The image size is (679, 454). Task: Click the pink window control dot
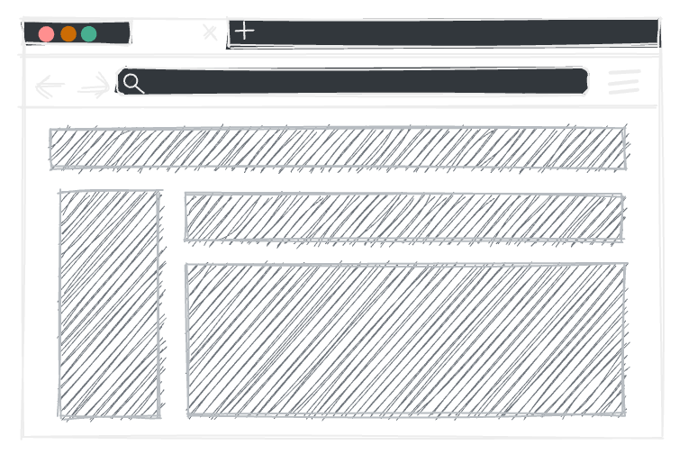47,34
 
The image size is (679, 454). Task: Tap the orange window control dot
68,34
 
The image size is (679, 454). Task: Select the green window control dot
89,34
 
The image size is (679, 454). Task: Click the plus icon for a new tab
244,31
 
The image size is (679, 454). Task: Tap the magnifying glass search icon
133,84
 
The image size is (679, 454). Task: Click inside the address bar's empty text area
360,83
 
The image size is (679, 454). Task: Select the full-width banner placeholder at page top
338,149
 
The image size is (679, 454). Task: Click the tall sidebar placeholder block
110,304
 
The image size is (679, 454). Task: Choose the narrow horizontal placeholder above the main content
403,217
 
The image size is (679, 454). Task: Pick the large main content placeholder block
405,339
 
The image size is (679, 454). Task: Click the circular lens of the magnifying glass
131,82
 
